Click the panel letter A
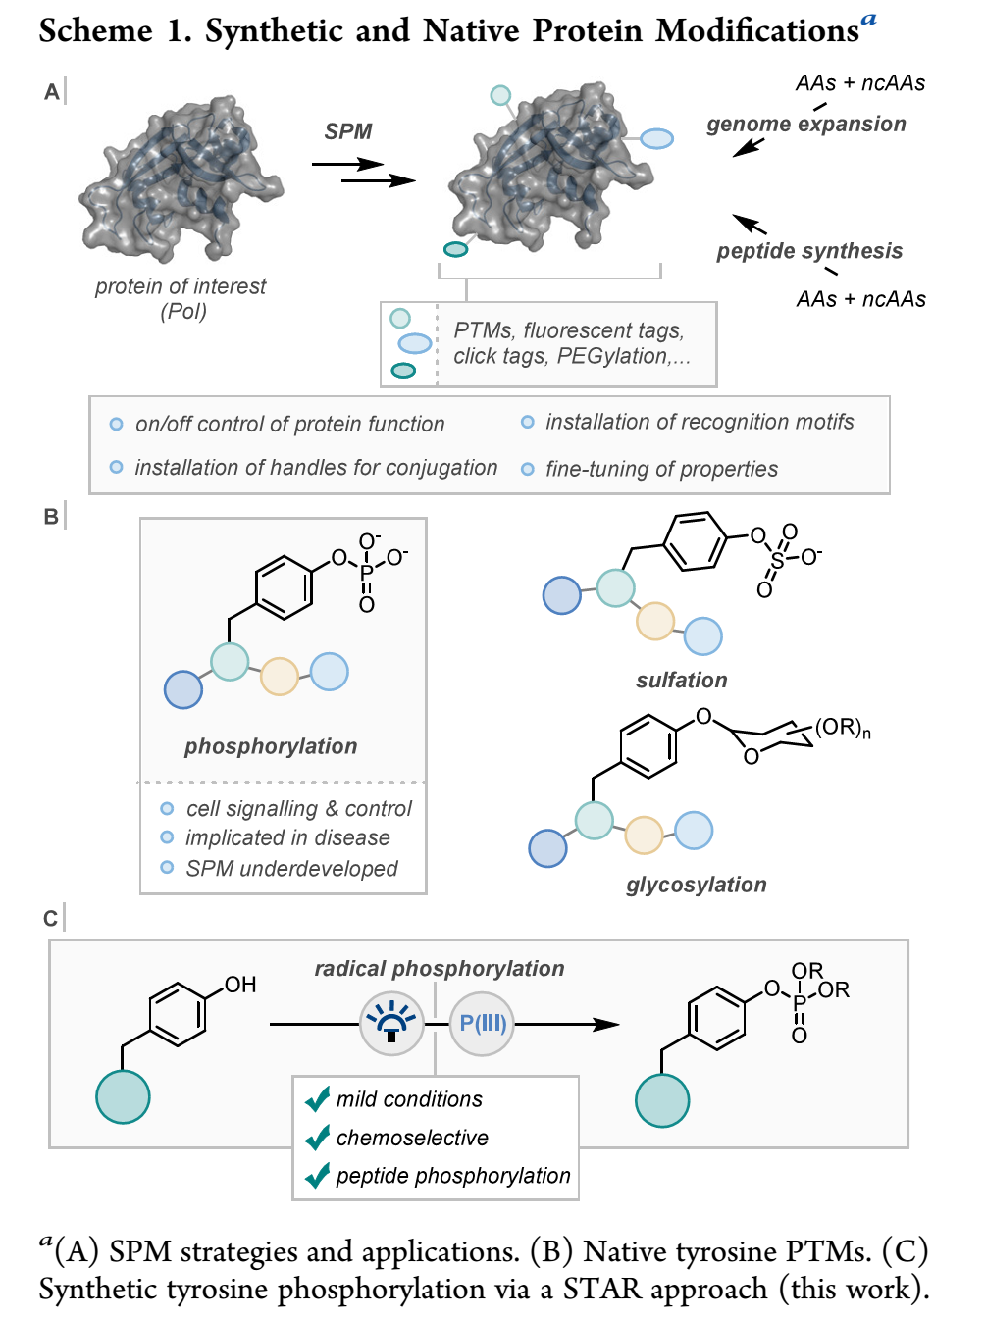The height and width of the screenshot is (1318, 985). (52, 92)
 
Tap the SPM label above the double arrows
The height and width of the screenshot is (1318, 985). (348, 131)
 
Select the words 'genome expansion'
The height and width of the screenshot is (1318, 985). (805, 125)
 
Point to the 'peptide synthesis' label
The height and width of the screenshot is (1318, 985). (808, 251)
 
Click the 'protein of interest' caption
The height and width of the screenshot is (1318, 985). (181, 286)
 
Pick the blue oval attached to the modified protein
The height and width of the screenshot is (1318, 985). (656, 139)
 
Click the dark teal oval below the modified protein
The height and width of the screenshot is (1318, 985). (455, 249)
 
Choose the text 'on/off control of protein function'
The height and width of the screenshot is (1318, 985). (289, 424)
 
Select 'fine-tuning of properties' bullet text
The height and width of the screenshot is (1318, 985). (661, 469)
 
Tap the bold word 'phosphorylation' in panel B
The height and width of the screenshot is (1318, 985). (271, 746)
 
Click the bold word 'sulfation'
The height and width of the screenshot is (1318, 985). (682, 681)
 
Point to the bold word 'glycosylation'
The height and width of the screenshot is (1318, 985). (697, 885)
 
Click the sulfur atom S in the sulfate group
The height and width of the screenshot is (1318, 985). (778, 560)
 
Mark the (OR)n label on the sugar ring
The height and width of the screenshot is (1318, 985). (842, 728)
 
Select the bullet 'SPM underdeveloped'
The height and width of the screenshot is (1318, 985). (291, 869)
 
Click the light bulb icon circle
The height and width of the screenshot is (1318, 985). (391, 1024)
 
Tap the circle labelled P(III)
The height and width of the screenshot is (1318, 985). (482, 1024)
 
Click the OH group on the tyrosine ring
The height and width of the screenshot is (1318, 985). (240, 985)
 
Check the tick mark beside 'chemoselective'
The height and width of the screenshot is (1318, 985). (317, 1138)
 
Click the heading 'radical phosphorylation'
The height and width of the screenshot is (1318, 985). (439, 969)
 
